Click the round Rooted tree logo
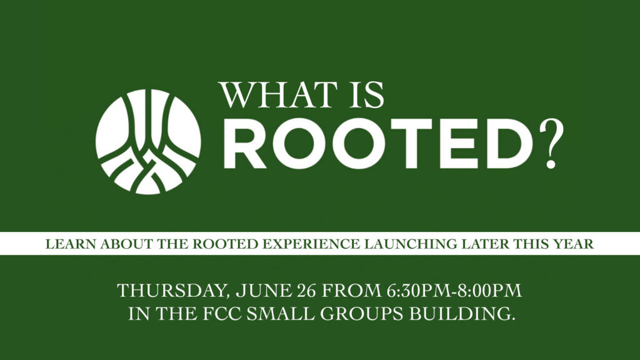[148, 142]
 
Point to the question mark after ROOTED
[551, 144]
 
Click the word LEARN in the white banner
[71, 244]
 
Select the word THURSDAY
[171, 291]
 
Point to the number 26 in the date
[307, 291]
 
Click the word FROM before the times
[351, 291]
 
